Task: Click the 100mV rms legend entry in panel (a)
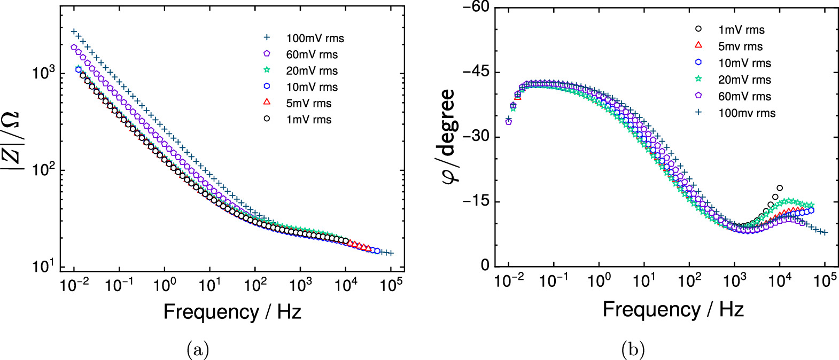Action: pos(315,38)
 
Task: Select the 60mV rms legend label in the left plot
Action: pos(312,54)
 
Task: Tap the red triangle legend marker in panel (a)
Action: pos(267,103)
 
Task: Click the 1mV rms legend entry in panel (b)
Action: pos(741,30)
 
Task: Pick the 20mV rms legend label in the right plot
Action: pos(744,80)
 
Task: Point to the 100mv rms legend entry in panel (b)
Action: pos(746,113)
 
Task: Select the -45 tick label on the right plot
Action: pos(477,72)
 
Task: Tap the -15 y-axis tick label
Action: pos(477,201)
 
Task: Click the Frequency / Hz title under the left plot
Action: pos(232,312)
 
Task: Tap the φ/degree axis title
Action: pos(450,136)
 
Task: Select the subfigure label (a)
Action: pos(197,350)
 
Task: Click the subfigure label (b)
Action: pos(633,350)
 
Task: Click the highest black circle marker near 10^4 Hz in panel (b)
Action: pos(780,188)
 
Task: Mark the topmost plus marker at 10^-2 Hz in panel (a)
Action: pos(74,32)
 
